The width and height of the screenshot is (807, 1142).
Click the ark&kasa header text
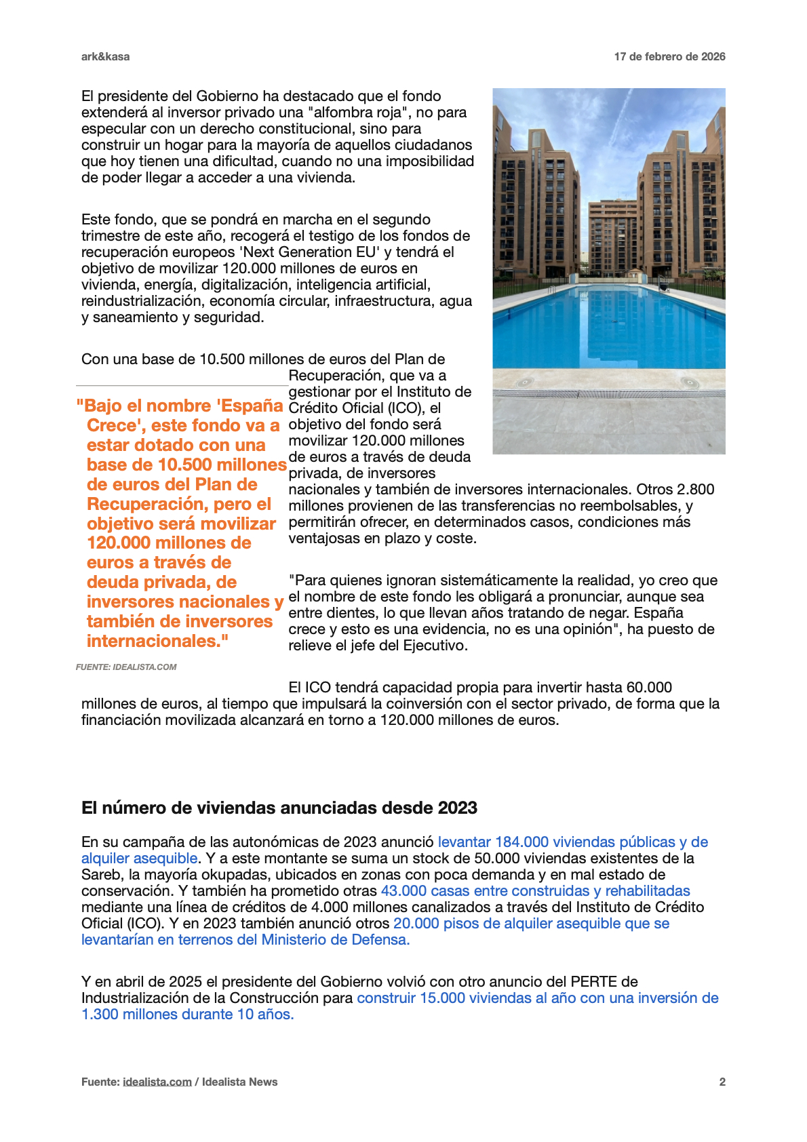click(105, 57)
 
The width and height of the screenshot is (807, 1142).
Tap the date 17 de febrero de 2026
click(669, 57)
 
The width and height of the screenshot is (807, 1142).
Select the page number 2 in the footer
click(722, 1082)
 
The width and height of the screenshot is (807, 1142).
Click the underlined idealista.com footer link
click(157, 1082)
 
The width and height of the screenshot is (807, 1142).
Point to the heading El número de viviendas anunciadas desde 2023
click(279, 808)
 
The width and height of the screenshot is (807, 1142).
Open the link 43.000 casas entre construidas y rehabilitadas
click(535, 891)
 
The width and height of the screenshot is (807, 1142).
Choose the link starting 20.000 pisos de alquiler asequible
click(531, 924)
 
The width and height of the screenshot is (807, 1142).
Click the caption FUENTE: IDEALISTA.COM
click(126, 667)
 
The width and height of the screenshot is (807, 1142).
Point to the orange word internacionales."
click(157, 642)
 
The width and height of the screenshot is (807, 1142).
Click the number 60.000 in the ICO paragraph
click(649, 688)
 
